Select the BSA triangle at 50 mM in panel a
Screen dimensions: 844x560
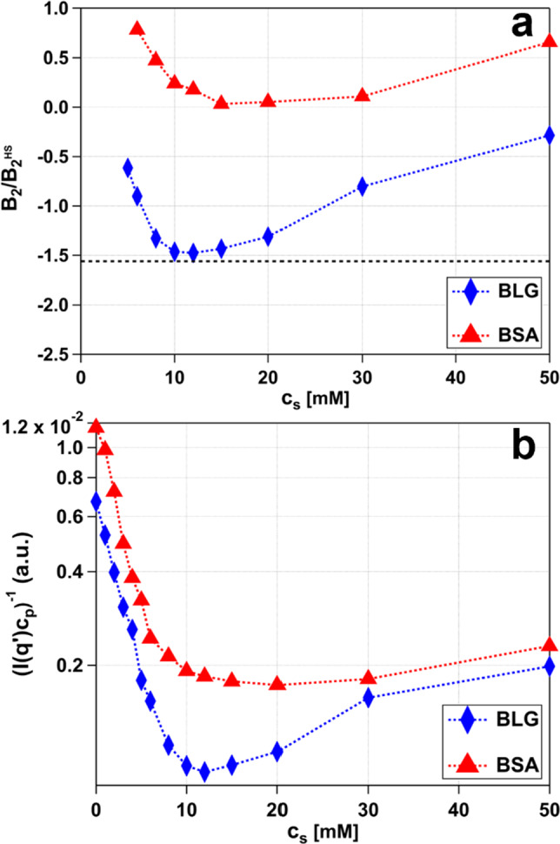coord(550,41)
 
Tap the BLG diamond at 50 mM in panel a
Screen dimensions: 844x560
coord(550,135)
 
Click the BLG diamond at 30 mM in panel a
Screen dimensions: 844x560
coord(363,186)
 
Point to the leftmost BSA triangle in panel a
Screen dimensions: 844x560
coord(137,28)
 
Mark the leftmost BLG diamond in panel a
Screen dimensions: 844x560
coord(128,168)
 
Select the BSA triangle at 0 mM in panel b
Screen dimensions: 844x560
coord(96,426)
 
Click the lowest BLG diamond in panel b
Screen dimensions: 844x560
coord(204,772)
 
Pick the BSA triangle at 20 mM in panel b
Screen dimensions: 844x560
coord(277,683)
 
